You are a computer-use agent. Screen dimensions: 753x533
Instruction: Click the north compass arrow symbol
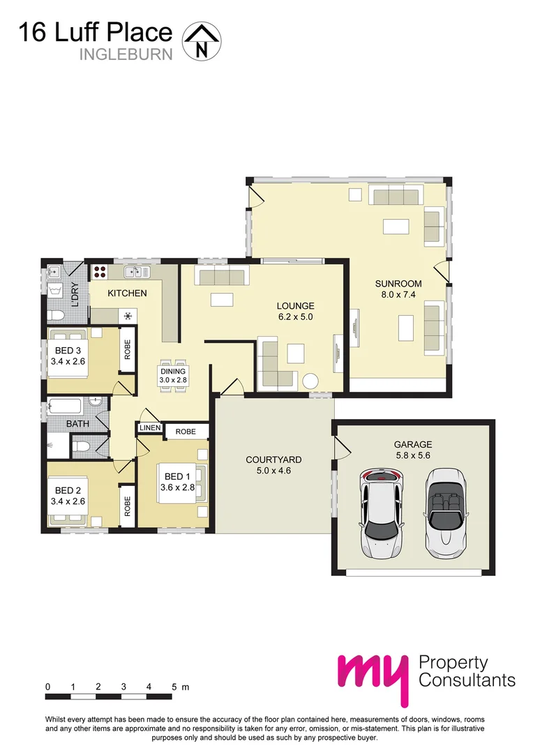201,41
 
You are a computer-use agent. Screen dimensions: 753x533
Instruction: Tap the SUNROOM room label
398,284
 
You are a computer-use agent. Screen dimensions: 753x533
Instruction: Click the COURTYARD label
273,459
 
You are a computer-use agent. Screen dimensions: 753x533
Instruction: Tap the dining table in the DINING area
173,376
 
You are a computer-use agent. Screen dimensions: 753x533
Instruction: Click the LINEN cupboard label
150,428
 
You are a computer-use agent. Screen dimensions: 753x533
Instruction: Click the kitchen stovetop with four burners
99,273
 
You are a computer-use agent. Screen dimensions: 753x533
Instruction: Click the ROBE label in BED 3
127,349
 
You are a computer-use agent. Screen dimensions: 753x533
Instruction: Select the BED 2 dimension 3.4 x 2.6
68,501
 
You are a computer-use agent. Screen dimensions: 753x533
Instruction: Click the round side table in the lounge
310,381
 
